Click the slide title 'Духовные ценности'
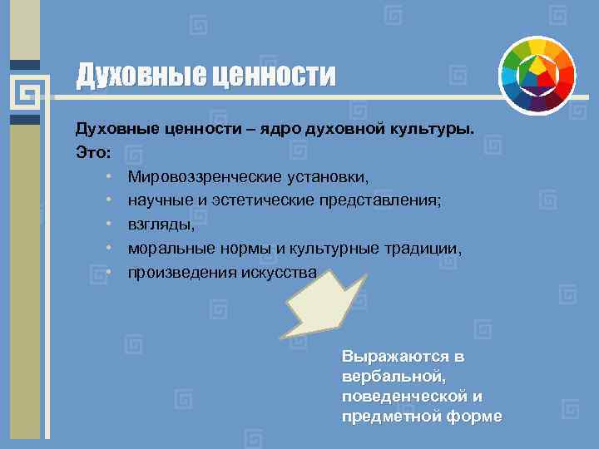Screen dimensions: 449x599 (x=206, y=76)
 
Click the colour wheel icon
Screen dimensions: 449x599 (x=538, y=75)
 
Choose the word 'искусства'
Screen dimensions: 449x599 (x=278, y=273)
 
